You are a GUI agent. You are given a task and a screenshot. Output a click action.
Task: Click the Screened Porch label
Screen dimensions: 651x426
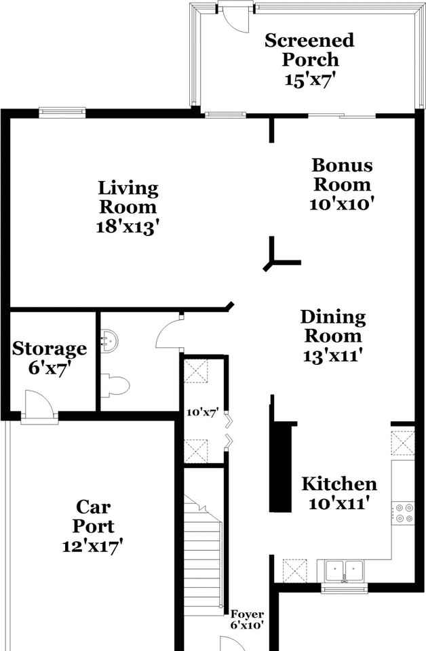pyautogui.click(x=309, y=50)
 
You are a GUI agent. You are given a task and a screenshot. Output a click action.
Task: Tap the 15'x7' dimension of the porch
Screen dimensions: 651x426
pyautogui.click(x=309, y=79)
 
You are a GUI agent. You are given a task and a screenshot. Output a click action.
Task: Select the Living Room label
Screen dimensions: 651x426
pyautogui.click(x=128, y=197)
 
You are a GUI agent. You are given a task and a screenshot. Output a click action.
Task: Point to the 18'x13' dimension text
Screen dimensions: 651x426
pyautogui.click(x=128, y=226)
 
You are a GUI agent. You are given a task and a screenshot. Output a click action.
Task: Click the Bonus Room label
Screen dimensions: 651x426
pyautogui.click(x=341, y=174)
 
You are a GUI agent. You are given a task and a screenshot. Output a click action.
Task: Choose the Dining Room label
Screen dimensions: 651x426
pyautogui.click(x=332, y=325)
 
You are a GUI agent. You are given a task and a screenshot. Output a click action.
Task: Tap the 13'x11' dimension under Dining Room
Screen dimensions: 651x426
pyautogui.click(x=332, y=355)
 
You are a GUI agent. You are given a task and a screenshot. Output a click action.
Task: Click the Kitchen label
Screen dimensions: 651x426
pyautogui.click(x=338, y=484)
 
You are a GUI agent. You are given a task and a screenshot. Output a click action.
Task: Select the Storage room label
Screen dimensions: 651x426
pyautogui.click(x=50, y=349)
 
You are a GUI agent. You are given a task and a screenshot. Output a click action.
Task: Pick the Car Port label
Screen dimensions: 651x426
pyautogui.click(x=94, y=515)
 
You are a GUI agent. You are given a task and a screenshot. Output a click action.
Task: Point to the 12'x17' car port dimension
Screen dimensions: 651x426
pyautogui.click(x=94, y=545)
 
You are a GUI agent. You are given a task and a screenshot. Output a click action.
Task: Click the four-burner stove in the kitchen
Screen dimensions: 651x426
pyautogui.click(x=404, y=512)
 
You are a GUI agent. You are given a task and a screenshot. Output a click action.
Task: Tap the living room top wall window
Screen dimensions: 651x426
pyautogui.click(x=62, y=113)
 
